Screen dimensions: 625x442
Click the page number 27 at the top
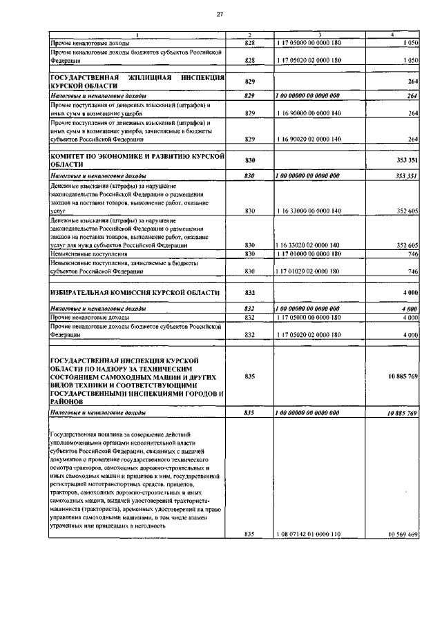[220, 14]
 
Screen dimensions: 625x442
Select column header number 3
[319, 35]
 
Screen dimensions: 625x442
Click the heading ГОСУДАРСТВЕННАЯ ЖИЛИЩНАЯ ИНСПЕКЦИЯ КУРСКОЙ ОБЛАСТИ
[138, 82]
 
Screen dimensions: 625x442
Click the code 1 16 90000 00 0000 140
[309, 113]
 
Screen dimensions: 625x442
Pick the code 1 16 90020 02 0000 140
[309, 139]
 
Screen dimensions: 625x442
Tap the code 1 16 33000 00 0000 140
[309, 211]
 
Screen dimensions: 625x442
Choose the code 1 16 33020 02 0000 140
[309, 245]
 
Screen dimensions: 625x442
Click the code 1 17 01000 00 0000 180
[309, 254]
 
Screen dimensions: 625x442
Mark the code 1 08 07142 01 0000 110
[309, 535]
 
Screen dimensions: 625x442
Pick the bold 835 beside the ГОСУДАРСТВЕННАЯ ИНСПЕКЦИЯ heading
[250, 376]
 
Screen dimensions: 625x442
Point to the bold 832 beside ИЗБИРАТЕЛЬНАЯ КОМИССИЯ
[250, 293]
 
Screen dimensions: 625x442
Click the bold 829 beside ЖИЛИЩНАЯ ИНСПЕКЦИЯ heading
[250, 82]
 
